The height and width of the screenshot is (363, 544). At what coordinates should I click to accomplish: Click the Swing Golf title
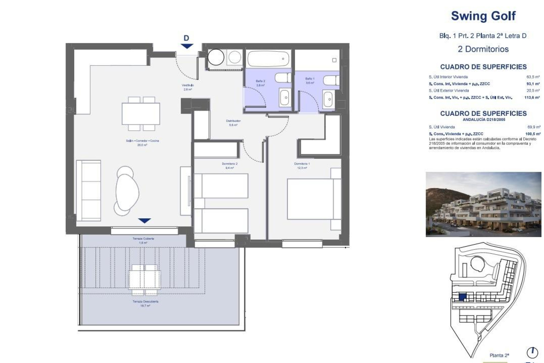[x=483, y=16]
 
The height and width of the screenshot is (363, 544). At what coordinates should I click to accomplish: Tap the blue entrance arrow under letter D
[x=186, y=46]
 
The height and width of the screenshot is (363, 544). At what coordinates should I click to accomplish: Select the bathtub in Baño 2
[x=268, y=59]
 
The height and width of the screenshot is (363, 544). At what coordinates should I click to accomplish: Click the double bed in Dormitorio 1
[x=310, y=199]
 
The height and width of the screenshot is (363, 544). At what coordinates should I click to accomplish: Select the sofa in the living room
[x=88, y=190]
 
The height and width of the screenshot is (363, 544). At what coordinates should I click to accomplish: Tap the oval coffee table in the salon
[x=127, y=192]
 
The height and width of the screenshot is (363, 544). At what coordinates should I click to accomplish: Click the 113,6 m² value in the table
[x=532, y=97]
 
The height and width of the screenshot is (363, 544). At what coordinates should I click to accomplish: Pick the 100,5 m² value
[x=533, y=134]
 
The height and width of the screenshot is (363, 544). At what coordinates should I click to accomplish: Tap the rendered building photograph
[x=483, y=204]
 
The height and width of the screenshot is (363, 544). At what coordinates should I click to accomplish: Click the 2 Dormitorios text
[x=483, y=49]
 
